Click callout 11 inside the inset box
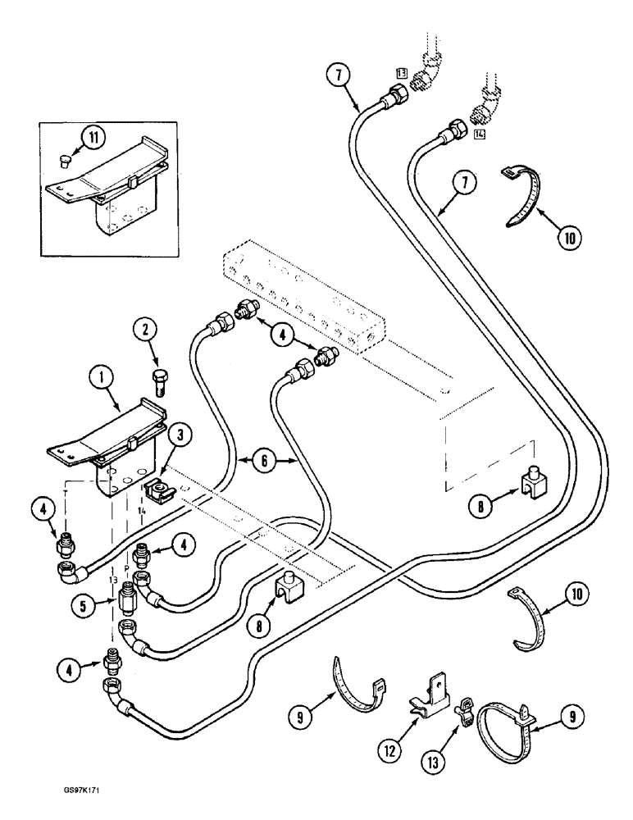(x=97, y=136)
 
